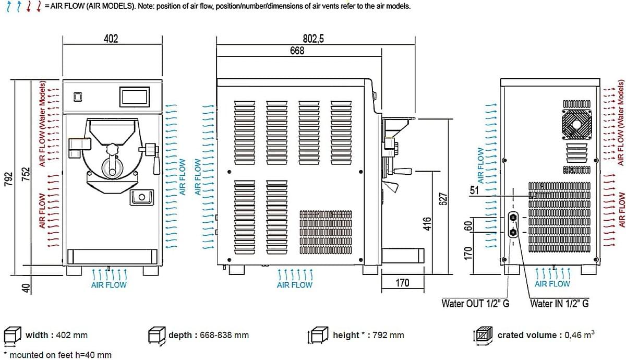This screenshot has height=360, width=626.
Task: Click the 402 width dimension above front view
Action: coord(111,39)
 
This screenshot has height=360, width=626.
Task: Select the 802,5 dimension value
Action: coord(314,39)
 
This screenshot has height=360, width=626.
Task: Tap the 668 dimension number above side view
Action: coord(297,51)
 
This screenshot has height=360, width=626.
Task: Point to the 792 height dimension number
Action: coord(9,179)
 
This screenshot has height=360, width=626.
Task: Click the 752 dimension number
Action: coord(26,174)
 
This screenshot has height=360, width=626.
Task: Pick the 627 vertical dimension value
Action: coord(443,199)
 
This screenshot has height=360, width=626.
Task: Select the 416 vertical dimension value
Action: coord(427,224)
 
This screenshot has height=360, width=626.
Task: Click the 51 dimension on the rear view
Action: coord(474,190)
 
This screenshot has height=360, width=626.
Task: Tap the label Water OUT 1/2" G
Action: coord(475,303)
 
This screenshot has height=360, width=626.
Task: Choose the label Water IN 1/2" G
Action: coord(559,303)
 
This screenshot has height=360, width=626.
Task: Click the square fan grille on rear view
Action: coord(576,124)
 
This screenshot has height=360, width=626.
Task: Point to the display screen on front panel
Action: coord(135,97)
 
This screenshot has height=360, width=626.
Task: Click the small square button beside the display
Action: coord(78,97)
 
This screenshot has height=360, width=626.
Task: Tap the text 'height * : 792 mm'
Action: coord(368,335)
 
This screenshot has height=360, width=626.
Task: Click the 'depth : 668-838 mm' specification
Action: coord(209,335)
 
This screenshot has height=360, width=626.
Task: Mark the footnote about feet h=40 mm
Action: coord(58,355)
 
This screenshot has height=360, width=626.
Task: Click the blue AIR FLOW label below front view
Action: coord(109,285)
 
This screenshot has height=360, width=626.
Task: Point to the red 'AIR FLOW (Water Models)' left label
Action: coord(42,124)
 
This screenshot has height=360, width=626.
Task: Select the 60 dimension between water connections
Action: coord(468,225)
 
